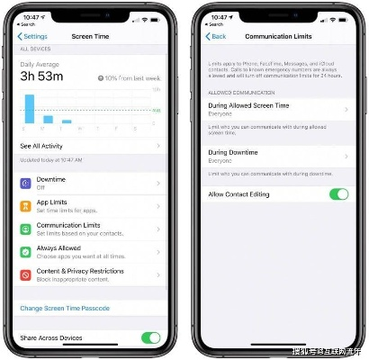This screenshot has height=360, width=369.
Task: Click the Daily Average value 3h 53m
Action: point(43,77)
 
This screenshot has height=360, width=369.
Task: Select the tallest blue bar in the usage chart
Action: point(29,108)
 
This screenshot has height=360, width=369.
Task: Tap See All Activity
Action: point(43,145)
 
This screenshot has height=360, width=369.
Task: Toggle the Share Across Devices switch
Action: point(150,337)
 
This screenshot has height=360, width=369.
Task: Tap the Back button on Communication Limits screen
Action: point(217,36)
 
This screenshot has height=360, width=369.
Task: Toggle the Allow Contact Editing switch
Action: point(338,193)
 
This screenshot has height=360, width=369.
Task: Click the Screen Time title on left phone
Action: point(90,36)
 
